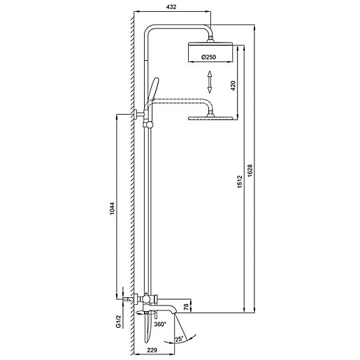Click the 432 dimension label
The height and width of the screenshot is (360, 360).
click(171, 7)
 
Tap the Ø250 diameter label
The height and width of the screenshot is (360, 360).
click(209, 57)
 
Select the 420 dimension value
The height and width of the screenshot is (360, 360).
click(233, 85)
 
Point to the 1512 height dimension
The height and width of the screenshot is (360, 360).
click(240, 182)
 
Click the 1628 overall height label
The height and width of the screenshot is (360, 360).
click(250, 171)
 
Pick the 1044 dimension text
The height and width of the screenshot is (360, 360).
click(113, 210)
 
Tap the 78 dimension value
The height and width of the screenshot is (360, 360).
click(186, 307)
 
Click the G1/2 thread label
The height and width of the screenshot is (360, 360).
click(119, 322)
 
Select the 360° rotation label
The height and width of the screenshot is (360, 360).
click(160, 324)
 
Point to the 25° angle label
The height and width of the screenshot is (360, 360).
click(179, 339)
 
